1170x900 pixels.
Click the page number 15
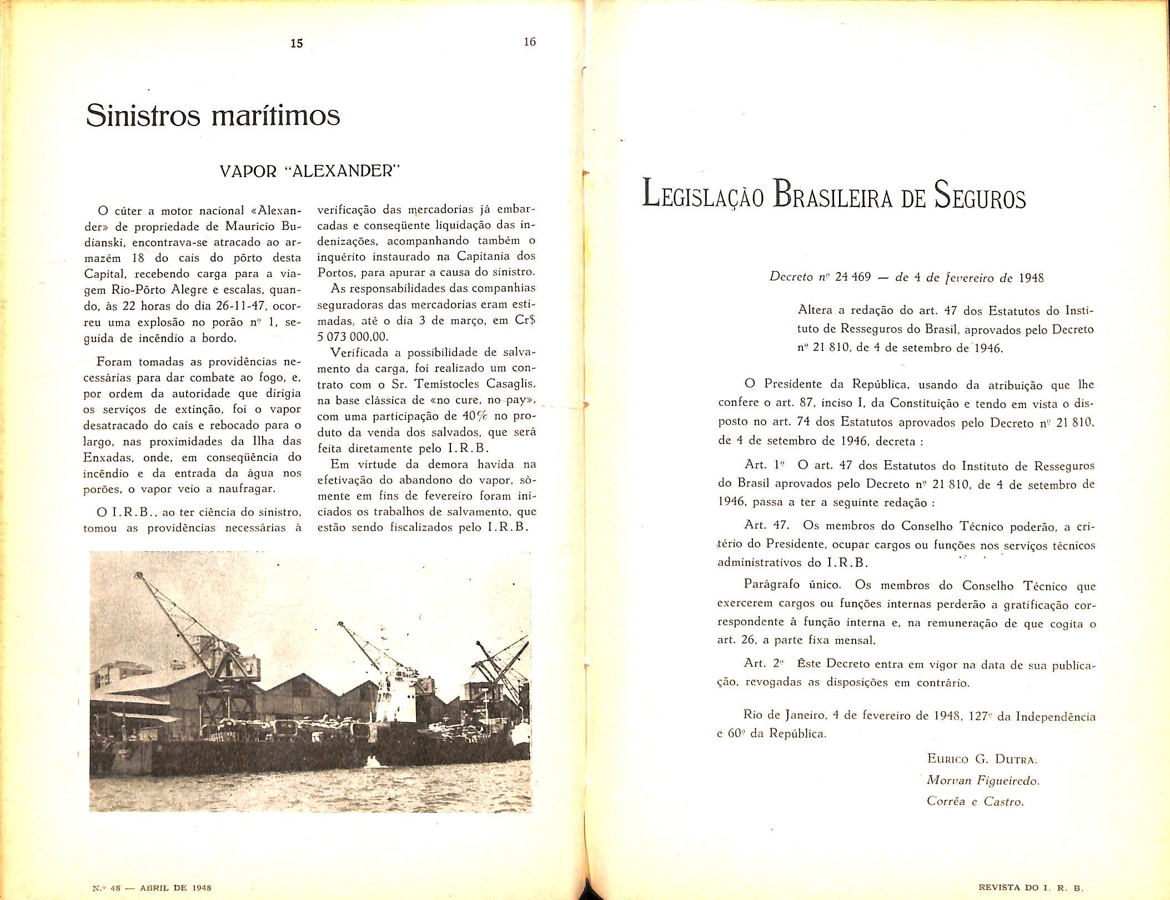coord(297,43)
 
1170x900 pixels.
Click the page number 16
coord(529,42)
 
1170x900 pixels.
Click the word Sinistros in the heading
coord(143,115)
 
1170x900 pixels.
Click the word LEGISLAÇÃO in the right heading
coord(705,198)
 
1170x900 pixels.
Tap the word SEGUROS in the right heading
coord(980,198)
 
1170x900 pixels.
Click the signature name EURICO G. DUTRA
coord(982,758)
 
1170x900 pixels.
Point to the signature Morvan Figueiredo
coord(983,780)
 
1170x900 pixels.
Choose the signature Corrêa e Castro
coord(975,801)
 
